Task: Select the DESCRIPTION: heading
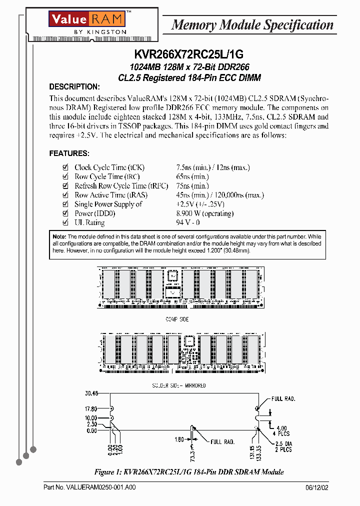point(74,86)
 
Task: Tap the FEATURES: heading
point(69,153)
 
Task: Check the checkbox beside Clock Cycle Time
point(64,167)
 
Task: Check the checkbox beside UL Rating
point(64,222)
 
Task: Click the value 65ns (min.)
point(192,176)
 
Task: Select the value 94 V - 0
point(188,222)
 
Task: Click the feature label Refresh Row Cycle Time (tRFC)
point(110,186)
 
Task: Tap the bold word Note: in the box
point(59,236)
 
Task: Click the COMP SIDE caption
point(177,319)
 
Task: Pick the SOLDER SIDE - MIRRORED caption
point(178,385)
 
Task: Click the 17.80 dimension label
point(91,408)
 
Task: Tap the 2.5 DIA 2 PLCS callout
point(284,446)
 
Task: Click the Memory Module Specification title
point(252,25)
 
